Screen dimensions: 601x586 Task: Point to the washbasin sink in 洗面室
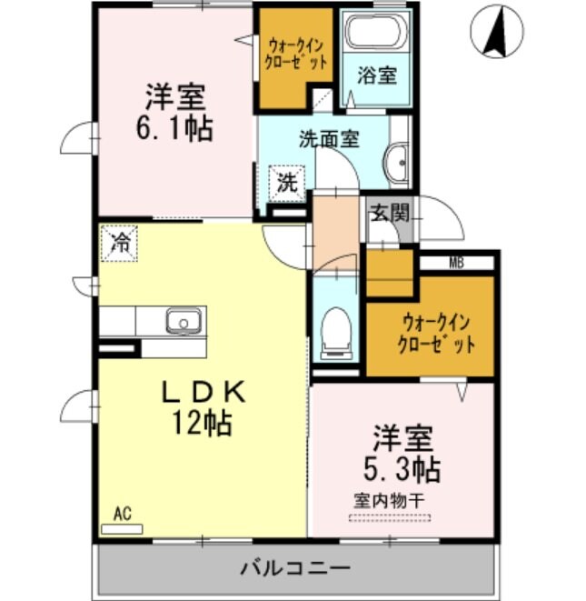point(398,163)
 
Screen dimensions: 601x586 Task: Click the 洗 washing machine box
point(287,181)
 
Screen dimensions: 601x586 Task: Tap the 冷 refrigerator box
point(119,243)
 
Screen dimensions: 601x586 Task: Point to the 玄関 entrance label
point(389,215)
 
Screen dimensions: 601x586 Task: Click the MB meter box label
point(456,264)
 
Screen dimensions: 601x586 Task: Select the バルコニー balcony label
point(295,569)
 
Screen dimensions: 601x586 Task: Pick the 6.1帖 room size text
point(175,128)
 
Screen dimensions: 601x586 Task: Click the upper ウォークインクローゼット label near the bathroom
point(296,55)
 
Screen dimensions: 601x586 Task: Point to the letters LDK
point(204,392)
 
